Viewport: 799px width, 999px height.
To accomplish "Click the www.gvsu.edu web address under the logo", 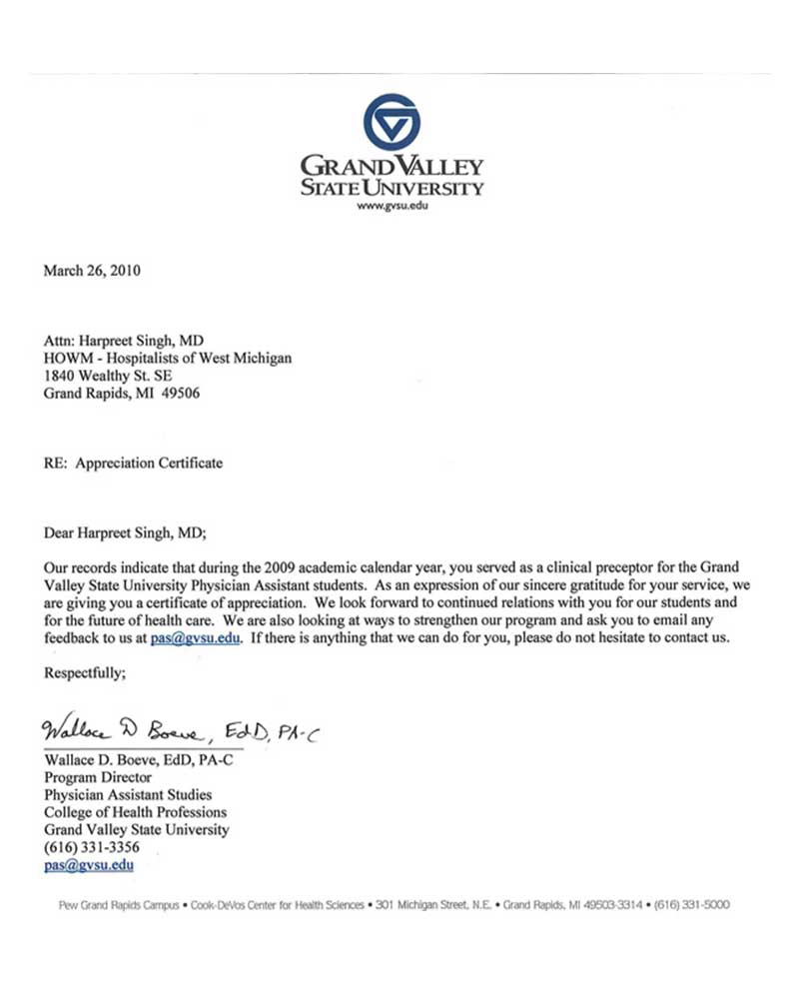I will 392,207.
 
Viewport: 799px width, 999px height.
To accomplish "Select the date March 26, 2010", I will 92,271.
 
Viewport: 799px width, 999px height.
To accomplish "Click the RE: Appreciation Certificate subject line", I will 134,464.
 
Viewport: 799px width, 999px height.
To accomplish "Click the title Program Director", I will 98,777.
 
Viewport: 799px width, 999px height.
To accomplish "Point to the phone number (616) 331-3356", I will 92,848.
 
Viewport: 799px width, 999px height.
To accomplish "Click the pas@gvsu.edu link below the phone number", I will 89,866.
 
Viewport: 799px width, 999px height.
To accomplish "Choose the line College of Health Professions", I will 135,812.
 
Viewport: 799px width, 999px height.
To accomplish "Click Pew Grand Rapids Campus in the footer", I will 112,905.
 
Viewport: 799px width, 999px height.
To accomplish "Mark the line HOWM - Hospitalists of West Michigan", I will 168,358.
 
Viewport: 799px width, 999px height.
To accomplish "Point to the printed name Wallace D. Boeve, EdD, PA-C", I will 138,759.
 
